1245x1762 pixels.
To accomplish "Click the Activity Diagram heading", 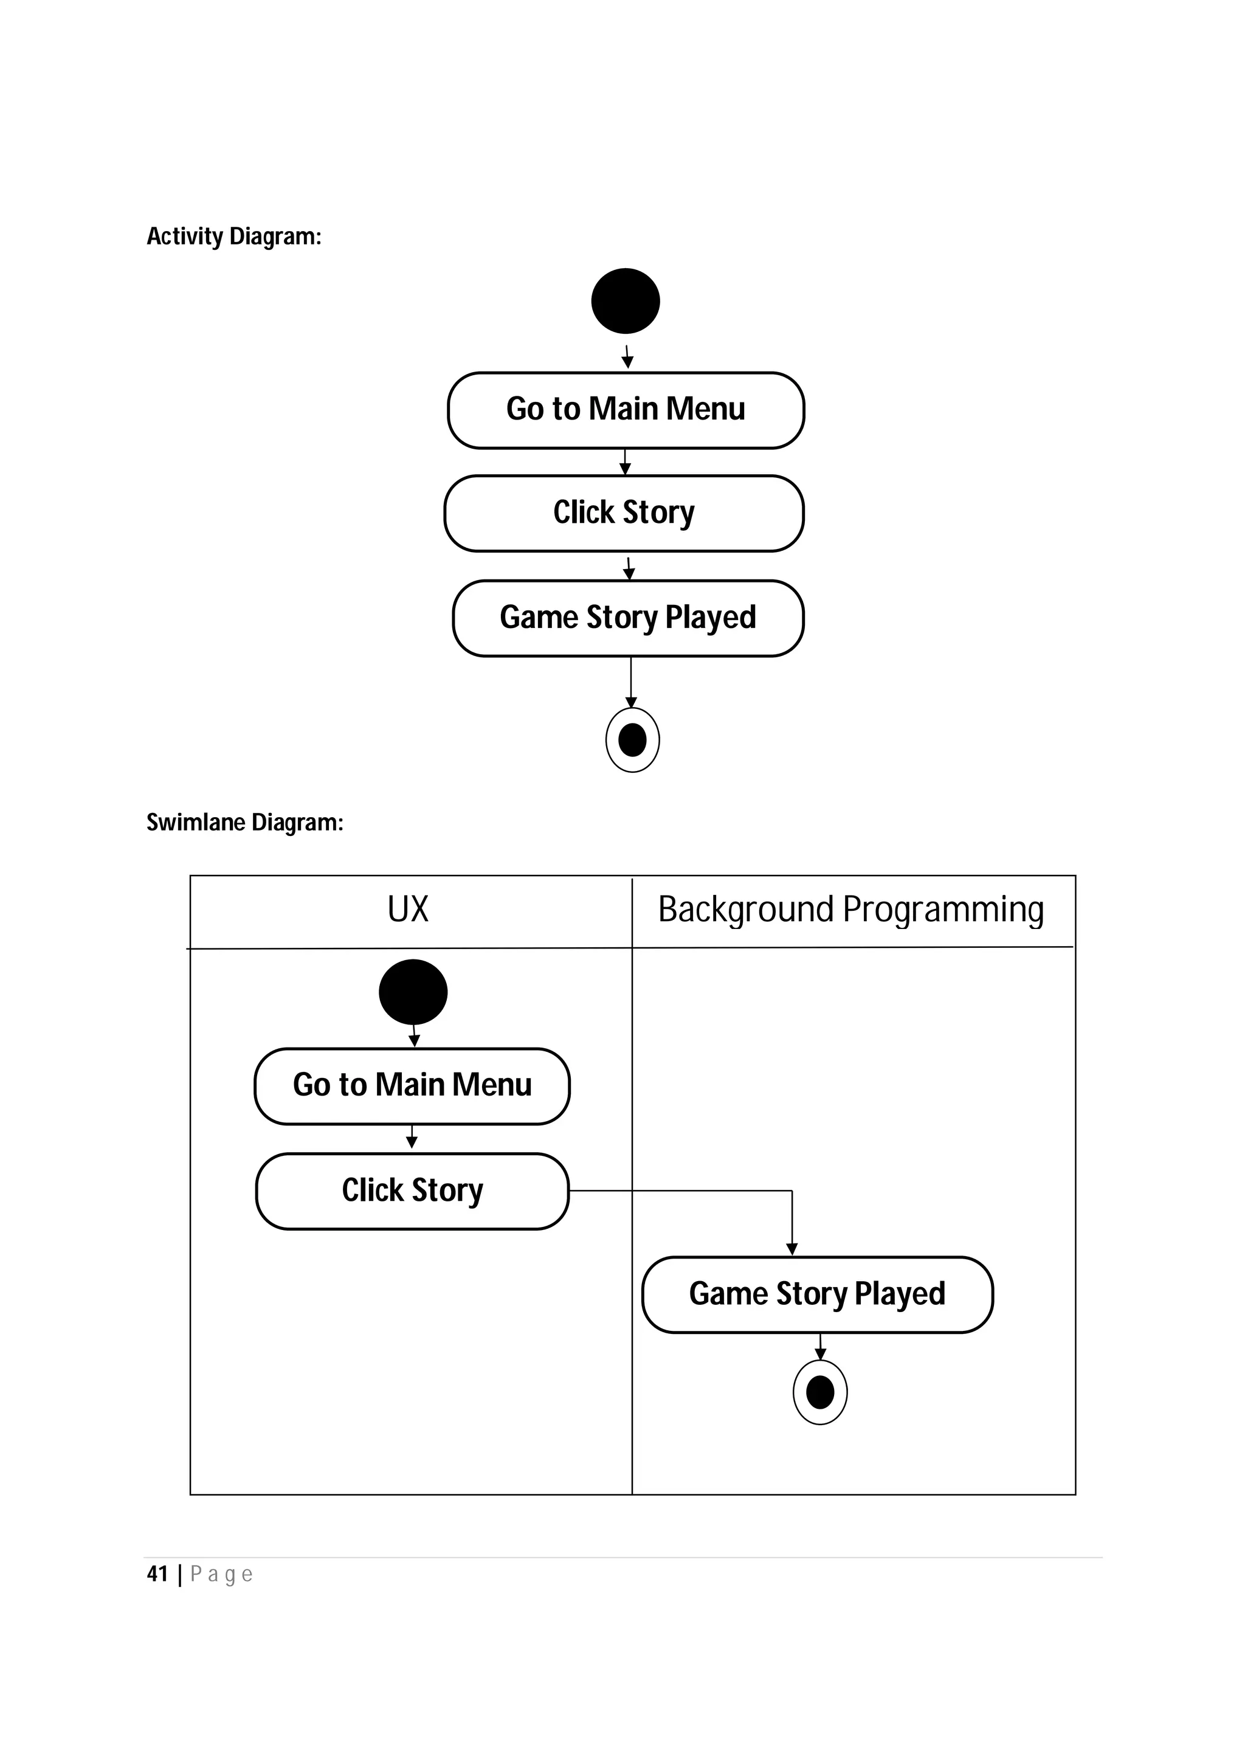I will point(233,237).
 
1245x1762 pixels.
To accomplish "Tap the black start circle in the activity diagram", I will point(625,301).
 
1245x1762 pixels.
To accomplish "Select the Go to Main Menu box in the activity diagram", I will point(625,410).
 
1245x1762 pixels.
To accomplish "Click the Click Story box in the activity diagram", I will point(624,513).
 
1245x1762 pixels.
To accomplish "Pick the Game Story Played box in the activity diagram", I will point(627,618).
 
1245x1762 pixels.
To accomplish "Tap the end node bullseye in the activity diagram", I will point(632,740).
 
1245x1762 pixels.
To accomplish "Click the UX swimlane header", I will point(408,910).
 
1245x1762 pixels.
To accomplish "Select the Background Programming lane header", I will point(850,910).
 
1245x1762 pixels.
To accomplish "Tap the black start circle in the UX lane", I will point(413,992).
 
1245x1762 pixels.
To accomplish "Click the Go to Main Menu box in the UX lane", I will point(412,1086).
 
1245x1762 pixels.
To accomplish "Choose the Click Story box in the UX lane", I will point(412,1191).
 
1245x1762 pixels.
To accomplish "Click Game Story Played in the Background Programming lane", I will point(817,1294).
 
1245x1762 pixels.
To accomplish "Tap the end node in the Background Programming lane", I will point(820,1392).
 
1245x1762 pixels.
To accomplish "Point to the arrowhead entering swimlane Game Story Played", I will point(791,1250).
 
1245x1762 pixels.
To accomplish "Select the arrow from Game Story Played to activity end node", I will point(630,682).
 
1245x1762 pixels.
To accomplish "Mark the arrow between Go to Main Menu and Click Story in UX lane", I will point(412,1138).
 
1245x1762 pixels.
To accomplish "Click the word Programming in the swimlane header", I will point(943,910).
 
